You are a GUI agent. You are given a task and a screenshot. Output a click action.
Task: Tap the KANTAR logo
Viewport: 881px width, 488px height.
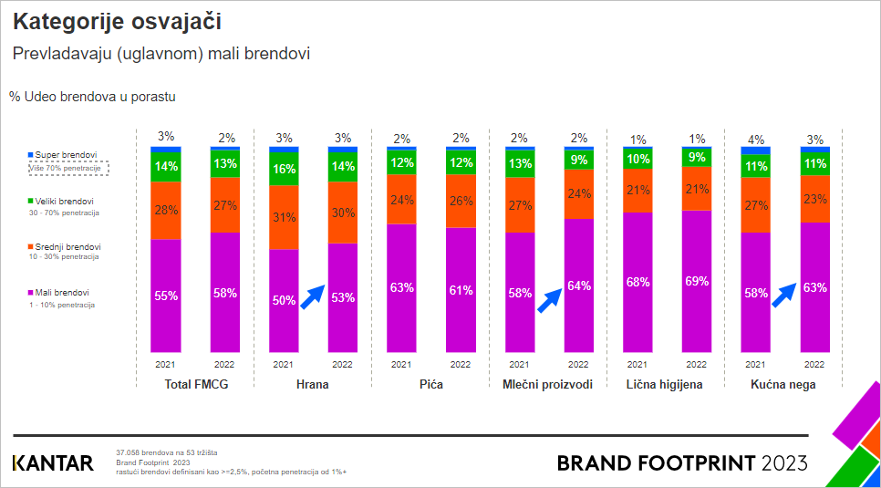53,463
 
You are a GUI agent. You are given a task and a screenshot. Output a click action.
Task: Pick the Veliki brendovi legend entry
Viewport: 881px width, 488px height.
59,202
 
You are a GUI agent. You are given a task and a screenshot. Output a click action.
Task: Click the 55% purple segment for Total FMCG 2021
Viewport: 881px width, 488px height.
166,296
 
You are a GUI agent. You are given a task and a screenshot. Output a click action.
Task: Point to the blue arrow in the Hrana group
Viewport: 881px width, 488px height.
313,297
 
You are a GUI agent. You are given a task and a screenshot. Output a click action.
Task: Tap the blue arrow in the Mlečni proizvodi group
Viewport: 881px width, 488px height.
549,299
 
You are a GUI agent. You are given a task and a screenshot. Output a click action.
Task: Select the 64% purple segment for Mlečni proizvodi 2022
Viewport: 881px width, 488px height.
578,286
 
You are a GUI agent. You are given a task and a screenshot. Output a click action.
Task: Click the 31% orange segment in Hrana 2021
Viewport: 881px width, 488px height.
284,217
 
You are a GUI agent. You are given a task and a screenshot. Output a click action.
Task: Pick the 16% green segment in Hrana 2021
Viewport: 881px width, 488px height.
284,169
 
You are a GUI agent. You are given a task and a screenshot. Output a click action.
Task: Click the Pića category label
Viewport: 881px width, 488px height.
430,385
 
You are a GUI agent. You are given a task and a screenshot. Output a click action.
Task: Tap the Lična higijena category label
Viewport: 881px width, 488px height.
665,385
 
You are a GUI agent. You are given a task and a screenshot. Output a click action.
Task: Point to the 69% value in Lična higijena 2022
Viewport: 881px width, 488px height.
697,281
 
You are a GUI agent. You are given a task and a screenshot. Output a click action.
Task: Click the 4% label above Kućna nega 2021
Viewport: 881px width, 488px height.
755,139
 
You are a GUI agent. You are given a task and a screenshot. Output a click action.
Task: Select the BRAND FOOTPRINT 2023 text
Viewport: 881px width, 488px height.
682,463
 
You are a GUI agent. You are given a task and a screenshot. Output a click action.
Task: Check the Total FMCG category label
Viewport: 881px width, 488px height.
196,385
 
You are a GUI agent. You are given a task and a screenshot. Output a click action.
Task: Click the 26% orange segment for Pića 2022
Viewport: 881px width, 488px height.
461,201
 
